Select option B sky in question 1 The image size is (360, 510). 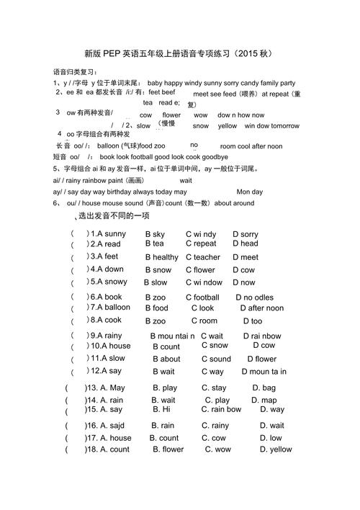pos(155,234)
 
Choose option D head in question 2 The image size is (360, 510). pos(245,243)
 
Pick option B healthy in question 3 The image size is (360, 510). pos(162,257)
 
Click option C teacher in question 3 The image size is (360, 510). pos(203,257)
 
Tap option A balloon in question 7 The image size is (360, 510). pos(110,308)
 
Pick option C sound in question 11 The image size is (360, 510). pos(216,359)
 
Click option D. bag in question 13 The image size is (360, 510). pos(264,388)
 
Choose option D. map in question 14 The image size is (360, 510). pos(264,401)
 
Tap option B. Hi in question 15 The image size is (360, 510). pos(161,409)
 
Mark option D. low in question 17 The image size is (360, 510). pos(266,437)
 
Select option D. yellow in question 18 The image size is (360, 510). pos(272,449)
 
